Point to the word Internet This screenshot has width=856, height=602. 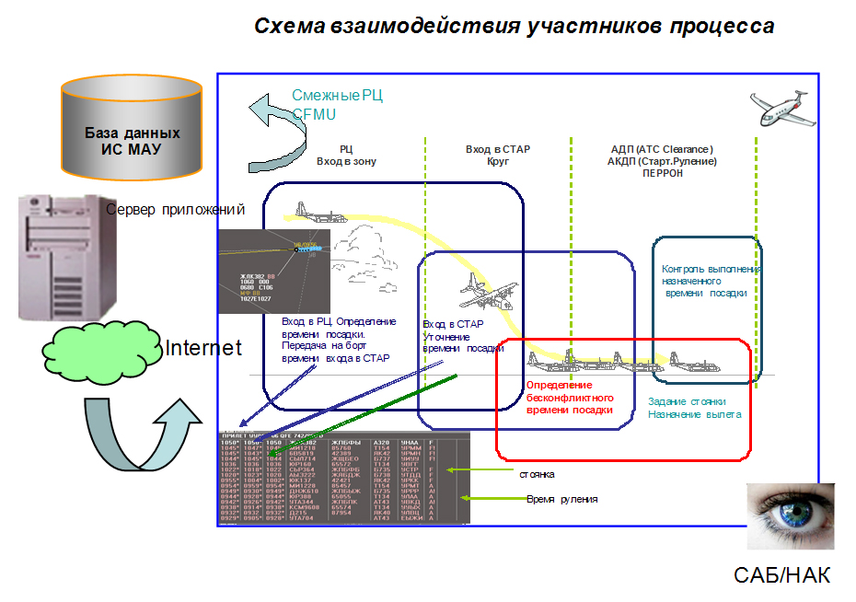(202, 348)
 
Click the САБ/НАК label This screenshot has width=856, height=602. (781, 576)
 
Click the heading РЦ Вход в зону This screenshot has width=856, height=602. (345, 155)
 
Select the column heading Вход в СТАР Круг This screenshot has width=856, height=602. (497, 155)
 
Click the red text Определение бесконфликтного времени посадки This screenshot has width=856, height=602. (570, 398)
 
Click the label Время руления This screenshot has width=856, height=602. (561, 499)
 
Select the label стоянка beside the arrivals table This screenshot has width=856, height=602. (537, 474)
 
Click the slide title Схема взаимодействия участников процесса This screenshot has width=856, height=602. (514, 26)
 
